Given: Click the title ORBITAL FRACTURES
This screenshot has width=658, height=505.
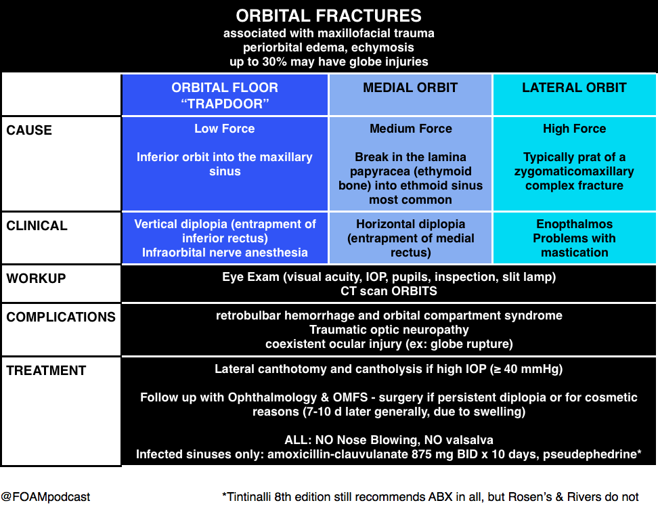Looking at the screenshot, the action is pos(328,16).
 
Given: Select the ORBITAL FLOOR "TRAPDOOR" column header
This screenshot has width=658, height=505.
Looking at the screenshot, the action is pos(225,95).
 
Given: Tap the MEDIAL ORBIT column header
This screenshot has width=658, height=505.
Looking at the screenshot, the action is pos(410,87).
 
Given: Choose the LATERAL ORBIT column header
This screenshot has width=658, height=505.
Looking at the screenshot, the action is pos(574,87).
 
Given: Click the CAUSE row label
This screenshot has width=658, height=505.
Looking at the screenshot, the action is pos(29,130).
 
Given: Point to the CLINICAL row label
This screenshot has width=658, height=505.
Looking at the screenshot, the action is pos(37,225).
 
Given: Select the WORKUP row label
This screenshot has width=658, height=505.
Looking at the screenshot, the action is pos(36,278).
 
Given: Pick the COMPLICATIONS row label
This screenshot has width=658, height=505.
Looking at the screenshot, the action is pos(61,317).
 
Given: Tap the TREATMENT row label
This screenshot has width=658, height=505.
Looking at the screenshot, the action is pos(46,370).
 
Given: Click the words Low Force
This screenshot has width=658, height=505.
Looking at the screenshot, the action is pos(225,129).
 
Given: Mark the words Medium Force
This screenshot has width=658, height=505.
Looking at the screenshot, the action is pos(411,129).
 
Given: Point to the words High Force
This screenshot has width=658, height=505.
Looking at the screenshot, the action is pos(575,129).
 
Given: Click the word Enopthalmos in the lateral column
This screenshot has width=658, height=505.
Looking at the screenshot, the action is pos(575,224).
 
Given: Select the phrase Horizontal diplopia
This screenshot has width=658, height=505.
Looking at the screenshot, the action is pos(411,224).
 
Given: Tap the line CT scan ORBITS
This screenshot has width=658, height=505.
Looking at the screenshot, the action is pos(389,291).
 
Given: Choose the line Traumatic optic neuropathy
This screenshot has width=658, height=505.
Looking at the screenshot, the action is pos(389,330).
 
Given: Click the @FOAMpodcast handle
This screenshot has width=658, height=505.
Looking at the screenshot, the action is pos(45,497).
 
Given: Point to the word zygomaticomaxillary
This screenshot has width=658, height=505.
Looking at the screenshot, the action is pos(574,171).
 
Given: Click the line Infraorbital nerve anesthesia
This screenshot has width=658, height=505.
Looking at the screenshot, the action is pos(225,252).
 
